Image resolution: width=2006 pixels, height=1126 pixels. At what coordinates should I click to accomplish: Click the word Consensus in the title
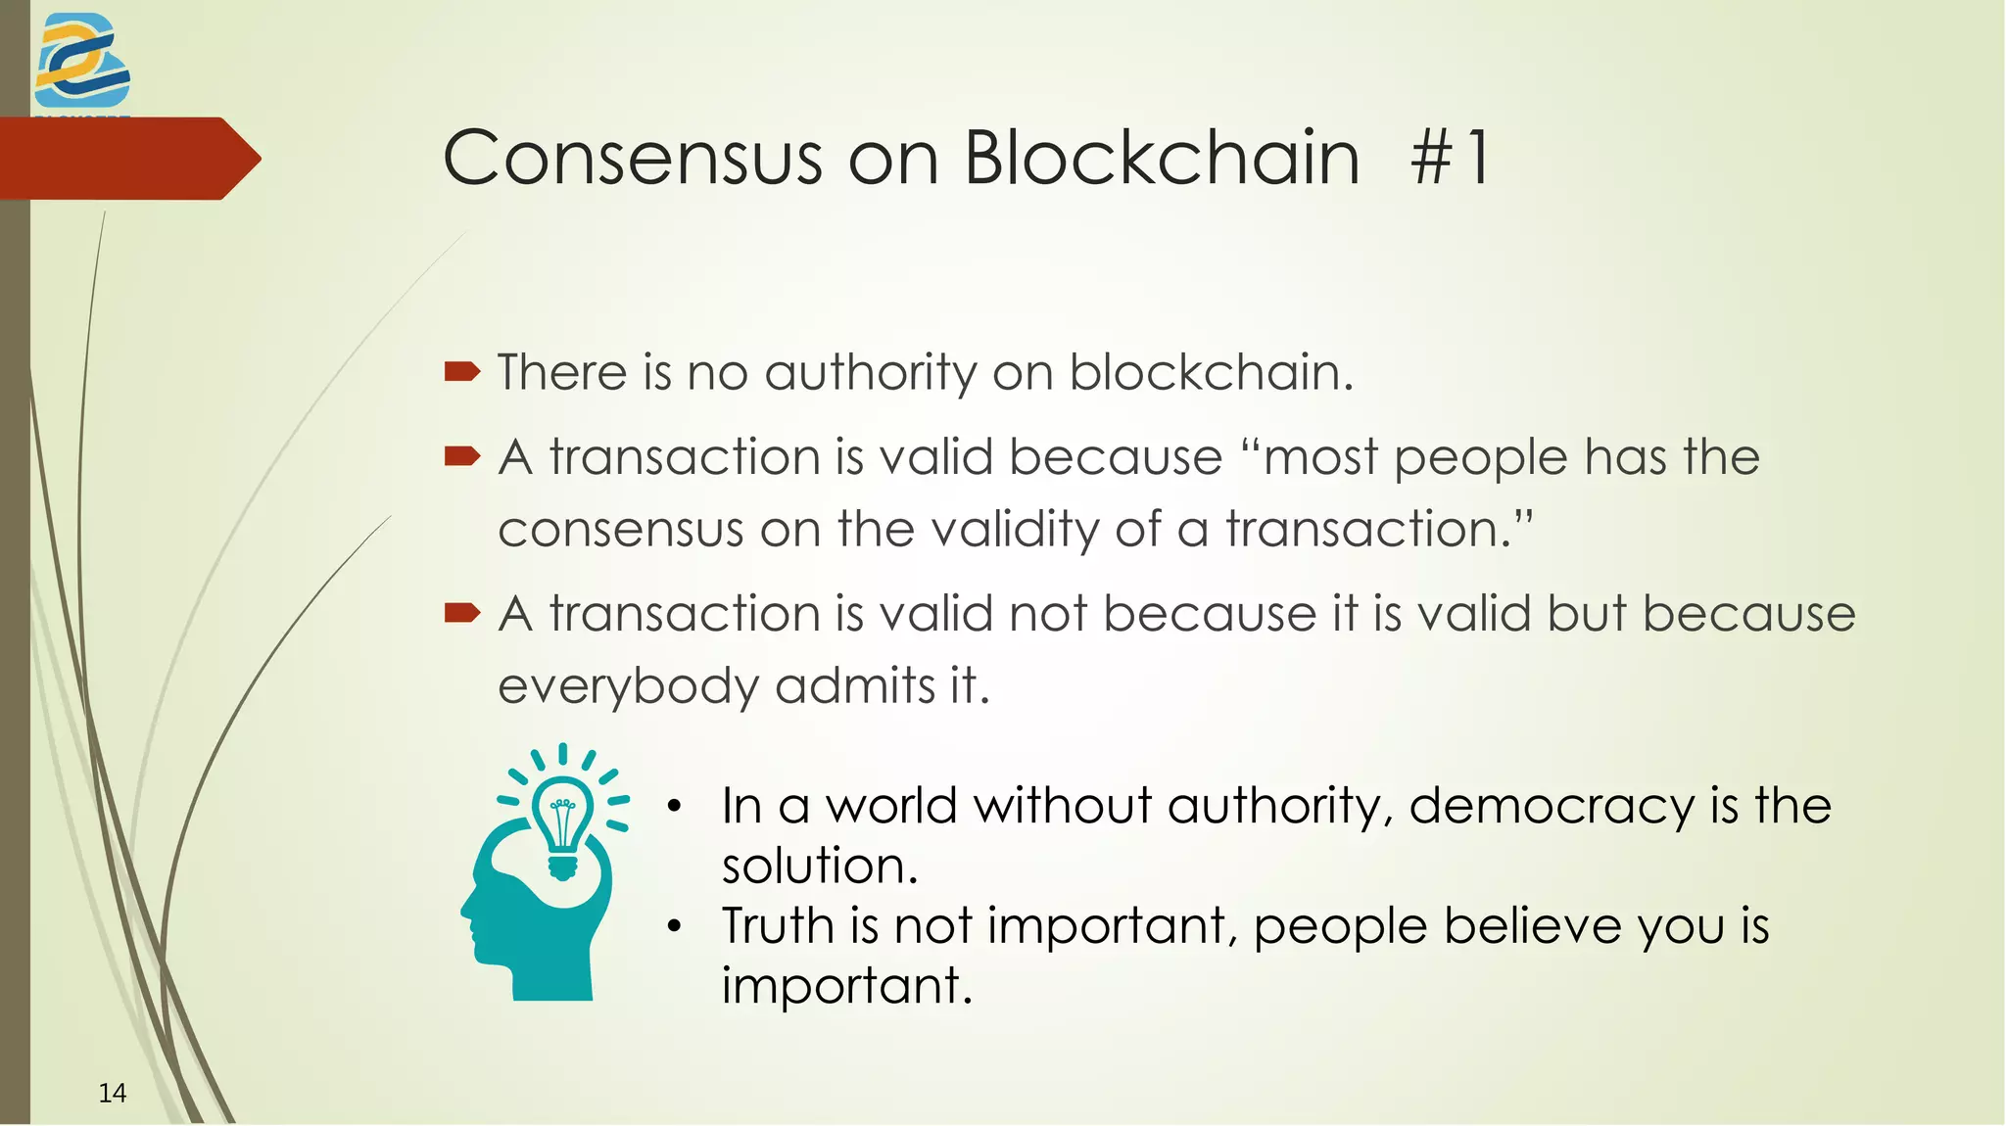(633, 158)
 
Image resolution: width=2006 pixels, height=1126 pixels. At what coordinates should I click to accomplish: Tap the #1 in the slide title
(1451, 158)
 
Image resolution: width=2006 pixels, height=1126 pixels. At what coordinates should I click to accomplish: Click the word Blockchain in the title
(1162, 158)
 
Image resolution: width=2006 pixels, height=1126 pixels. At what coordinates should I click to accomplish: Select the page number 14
(113, 1093)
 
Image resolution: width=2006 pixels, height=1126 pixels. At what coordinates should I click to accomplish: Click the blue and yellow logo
(81, 62)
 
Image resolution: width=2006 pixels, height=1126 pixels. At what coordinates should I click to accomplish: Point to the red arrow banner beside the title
(127, 159)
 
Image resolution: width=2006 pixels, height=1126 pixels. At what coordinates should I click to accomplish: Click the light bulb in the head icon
(562, 821)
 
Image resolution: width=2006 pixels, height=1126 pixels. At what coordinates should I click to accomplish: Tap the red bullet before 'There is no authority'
(462, 371)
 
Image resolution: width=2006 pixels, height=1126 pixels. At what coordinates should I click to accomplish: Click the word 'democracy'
(1551, 807)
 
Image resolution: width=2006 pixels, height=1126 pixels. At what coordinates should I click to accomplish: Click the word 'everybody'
(628, 686)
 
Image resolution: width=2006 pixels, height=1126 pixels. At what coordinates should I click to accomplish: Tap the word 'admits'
(855, 685)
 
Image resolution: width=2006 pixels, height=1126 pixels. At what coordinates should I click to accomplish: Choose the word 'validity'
(1014, 530)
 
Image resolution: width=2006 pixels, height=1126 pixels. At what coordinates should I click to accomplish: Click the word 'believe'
(1532, 925)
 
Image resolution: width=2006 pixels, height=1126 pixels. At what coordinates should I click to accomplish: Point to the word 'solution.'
(820, 866)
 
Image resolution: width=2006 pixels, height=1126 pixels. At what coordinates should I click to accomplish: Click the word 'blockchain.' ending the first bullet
(1211, 373)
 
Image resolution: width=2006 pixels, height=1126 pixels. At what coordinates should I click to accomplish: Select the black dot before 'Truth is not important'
(673, 926)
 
